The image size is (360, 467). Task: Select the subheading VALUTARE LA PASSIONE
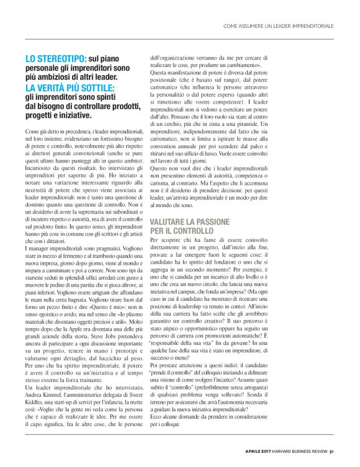(x=189, y=221)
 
